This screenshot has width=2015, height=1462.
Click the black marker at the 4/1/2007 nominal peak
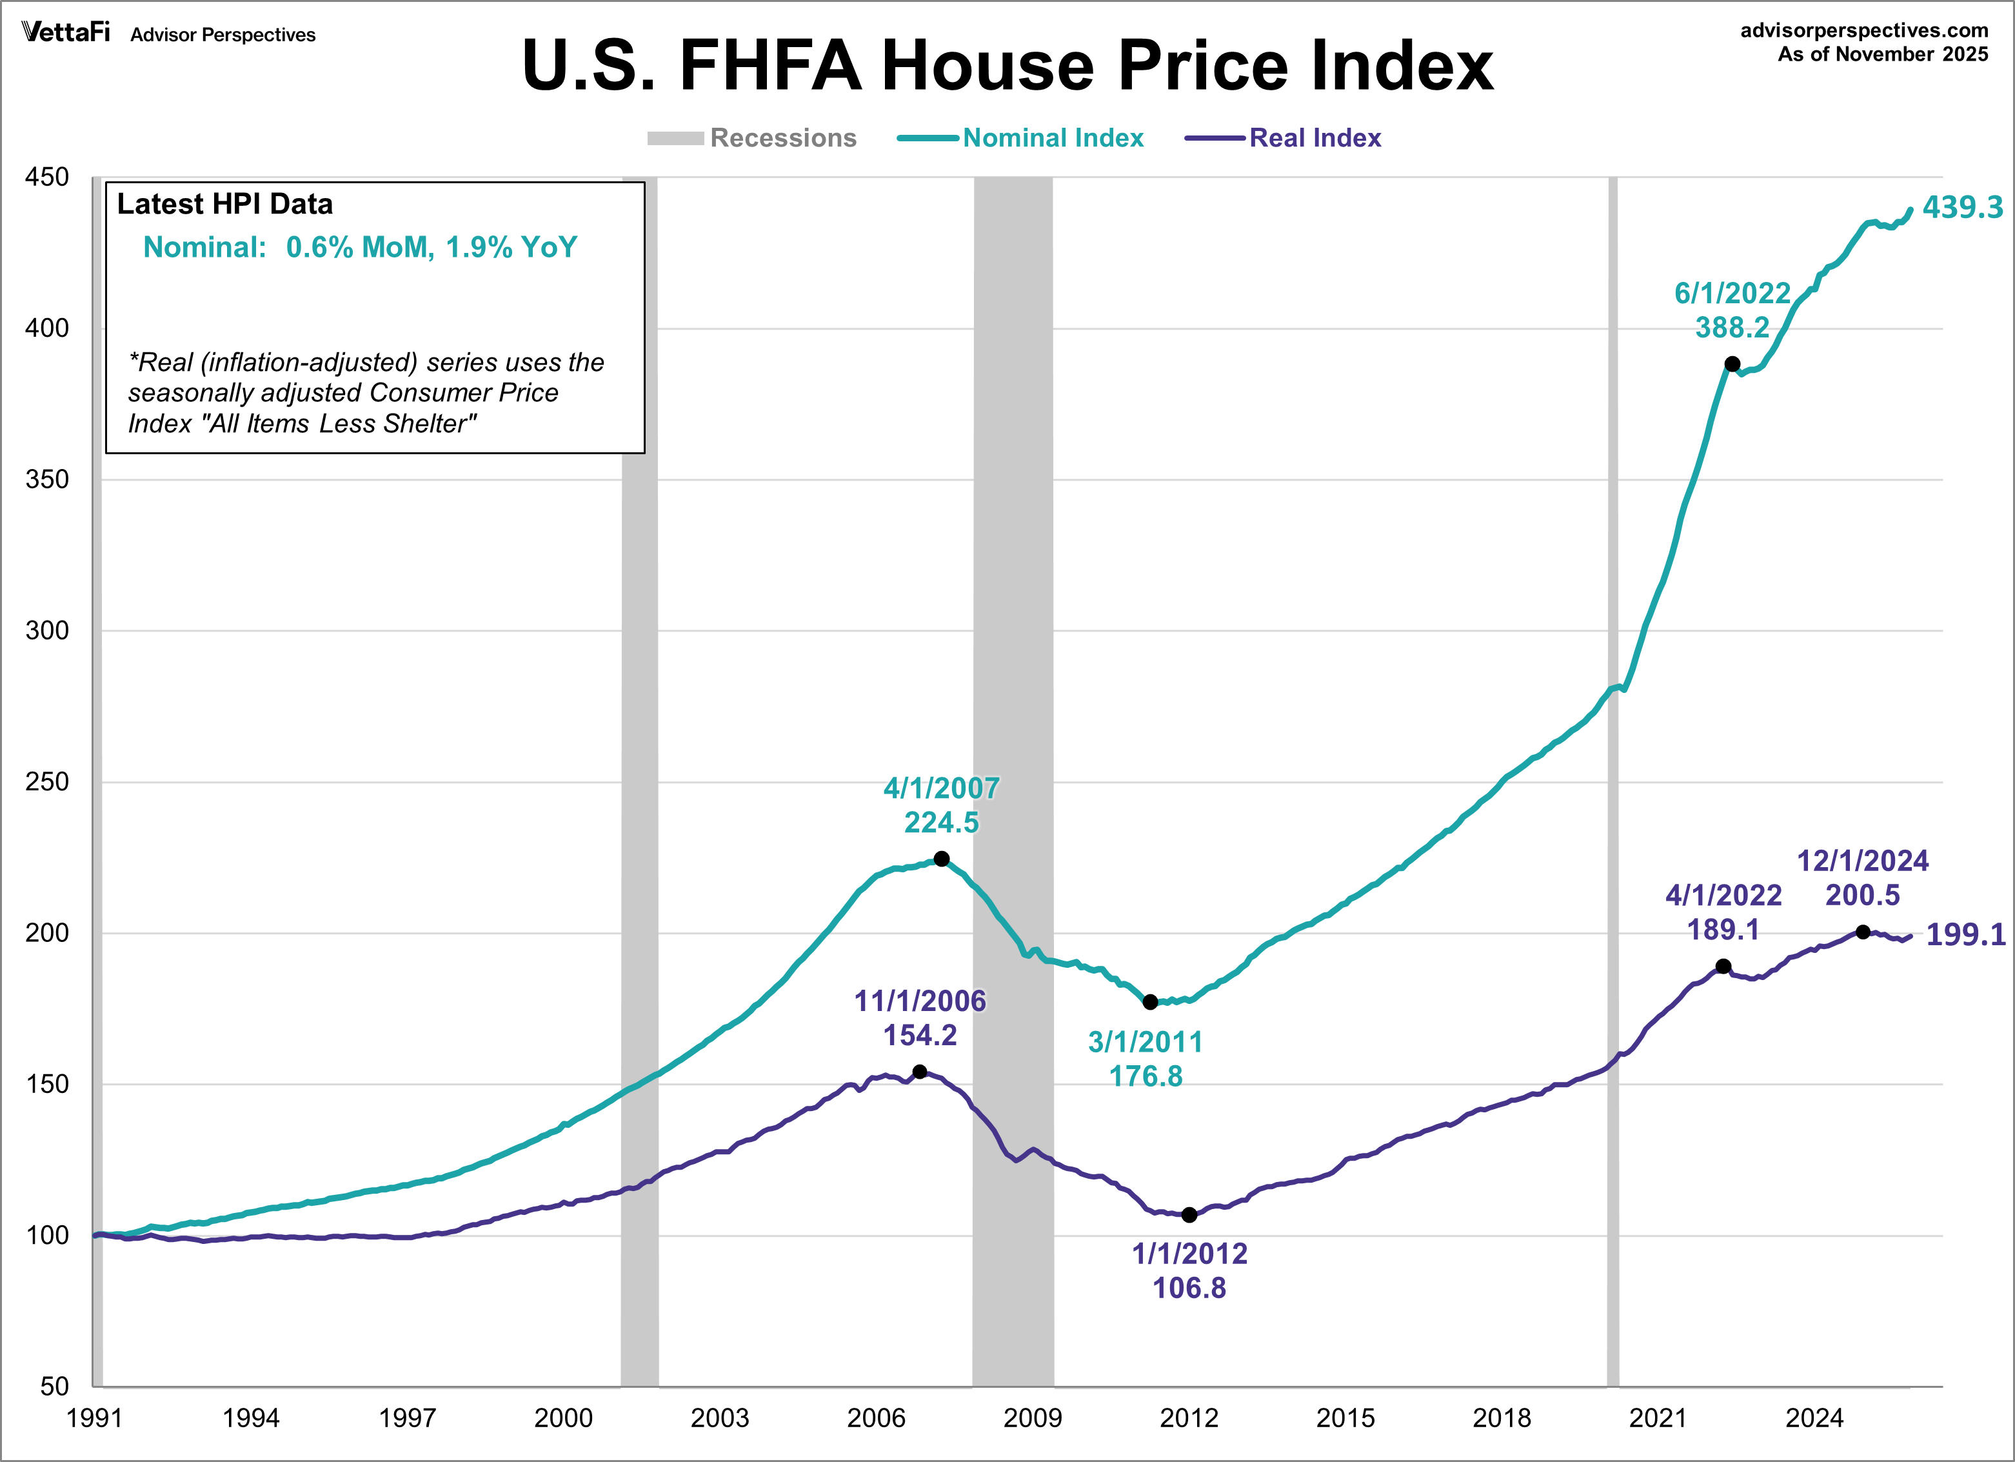click(x=942, y=859)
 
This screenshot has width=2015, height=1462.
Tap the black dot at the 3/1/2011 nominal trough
click(x=1149, y=1001)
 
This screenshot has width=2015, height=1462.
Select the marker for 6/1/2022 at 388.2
click(x=1732, y=363)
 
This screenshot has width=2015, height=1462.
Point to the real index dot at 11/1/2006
click(x=920, y=1072)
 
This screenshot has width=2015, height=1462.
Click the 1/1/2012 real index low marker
click(x=1189, y=1215)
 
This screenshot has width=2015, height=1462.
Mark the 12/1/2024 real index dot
click(x=1863, y=932)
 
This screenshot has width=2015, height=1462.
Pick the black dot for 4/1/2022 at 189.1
click(x=1723, y=966)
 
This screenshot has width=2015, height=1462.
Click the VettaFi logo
click(x=66, y=33)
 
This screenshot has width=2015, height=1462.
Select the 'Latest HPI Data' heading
click(x=224, y=205)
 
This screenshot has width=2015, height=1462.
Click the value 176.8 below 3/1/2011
click(x=1146, y=1076)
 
